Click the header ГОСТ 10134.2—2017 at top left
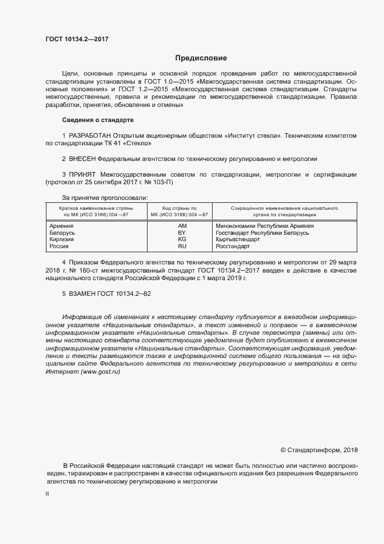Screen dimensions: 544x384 click(77, 39)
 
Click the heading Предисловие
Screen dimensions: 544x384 click(202, 58)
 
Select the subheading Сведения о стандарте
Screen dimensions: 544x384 click(98, 120)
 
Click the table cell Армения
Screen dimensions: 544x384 click(62, 225)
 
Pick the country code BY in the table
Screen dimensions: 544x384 click(182, 232)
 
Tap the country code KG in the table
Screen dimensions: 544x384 click(182, 239)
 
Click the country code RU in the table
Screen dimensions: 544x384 click(182, 246)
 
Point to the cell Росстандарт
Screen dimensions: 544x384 click(232, 246)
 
